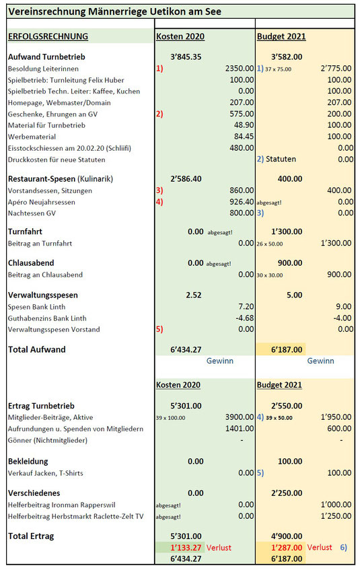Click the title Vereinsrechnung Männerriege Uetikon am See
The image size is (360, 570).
click(114, 11)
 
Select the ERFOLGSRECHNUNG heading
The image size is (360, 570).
click(48, 36)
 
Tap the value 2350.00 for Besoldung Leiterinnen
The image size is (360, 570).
click(240, 69)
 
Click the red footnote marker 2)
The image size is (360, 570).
click(159, 114)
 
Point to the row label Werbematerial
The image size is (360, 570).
click(32, 137)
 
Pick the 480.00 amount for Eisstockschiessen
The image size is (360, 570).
click(242, 148)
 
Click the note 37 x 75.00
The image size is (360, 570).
click(278, 69)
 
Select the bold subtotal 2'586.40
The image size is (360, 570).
click(186, 179)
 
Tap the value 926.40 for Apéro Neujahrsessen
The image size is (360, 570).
click(242, 202)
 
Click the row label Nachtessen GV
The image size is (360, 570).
click(32, 213)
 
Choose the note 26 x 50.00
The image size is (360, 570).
click(269, 244)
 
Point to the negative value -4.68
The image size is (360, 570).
click(245, 318)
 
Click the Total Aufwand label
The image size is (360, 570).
click(37, 350)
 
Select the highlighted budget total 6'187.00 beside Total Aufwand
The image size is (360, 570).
click(287, 350)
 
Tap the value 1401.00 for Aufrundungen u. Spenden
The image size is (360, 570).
click(240, 429)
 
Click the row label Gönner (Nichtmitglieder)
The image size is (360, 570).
click(48, 440)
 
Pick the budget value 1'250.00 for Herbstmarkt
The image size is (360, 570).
click(336, 516)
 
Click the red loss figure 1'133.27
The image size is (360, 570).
click(186, 548)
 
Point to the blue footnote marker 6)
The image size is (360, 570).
click(344, 547)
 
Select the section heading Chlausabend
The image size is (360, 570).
click(31, 263)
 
